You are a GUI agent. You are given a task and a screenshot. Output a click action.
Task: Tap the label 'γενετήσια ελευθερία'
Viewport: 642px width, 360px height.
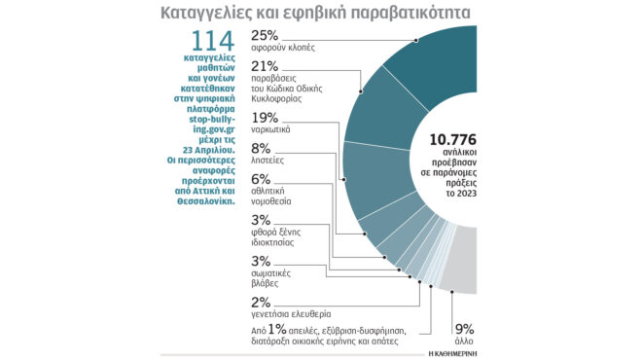pyautogui.click(x=291, y=315)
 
